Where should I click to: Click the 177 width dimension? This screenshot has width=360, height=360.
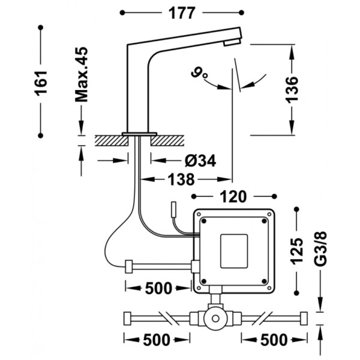pos(182,13)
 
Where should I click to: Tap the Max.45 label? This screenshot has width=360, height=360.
pos(82,74)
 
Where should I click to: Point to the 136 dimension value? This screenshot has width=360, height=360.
pos(292,90)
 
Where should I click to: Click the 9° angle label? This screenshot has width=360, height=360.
pos(199,73)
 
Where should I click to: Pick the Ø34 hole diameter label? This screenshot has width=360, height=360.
pos(200,160)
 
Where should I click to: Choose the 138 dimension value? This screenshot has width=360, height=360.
pos(181,179)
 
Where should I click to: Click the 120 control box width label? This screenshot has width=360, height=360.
pos(233,197)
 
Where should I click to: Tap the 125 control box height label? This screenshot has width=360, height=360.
pos(297,251)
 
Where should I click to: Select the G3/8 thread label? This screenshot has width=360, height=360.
pos(320,249)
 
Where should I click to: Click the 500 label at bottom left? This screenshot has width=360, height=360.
pos(157,340)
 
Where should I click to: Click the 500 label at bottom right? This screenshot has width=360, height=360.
pos(274,340)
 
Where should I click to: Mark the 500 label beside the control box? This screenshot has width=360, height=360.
pos(158,288)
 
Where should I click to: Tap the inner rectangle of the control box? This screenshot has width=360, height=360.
pos(234,251)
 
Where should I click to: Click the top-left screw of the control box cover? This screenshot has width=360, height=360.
pos(204,221)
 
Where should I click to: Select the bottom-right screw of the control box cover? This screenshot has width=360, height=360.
pos(264,281)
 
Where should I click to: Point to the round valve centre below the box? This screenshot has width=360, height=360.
pos(215,319)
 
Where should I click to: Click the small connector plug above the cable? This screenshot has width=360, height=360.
pos(174,208)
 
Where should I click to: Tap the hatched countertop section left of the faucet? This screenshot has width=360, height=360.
pos(112,140)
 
